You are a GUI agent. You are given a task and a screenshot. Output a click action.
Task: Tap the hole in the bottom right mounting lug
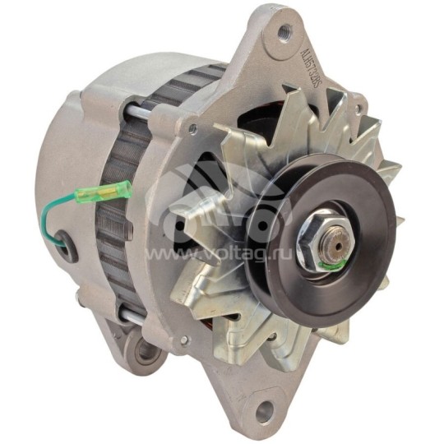click(265, 410)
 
